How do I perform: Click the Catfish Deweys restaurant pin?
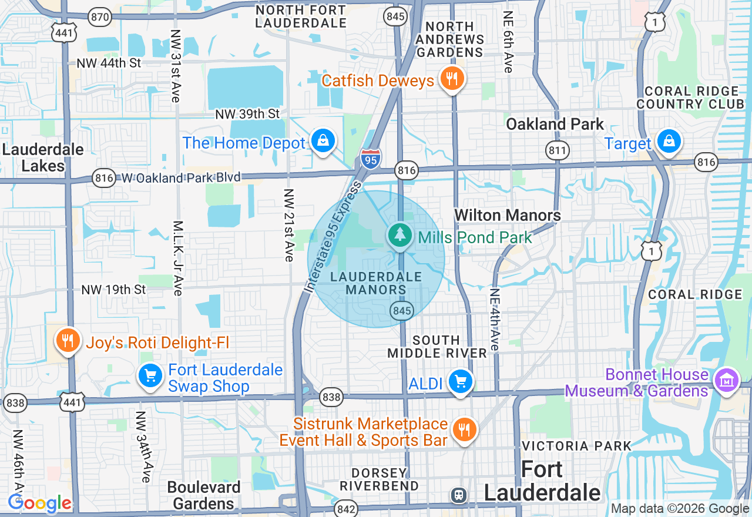click(452, 79)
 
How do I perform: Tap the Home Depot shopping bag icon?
click(323, 141)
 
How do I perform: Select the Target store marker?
click(669, 142)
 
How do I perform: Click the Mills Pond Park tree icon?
click(400, 235)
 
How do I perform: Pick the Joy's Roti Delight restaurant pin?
click(68, 340)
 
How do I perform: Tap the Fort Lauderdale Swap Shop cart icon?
click(150, 375)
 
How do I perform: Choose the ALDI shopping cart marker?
click(461, 382)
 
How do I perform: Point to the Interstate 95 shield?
click(370, 159)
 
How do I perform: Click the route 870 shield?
click(100, 17)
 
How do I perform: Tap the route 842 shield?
click(345, 508)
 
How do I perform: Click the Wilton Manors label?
click(508, 216)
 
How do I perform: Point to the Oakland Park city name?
click(555, 124)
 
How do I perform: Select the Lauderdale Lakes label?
click(43, 157)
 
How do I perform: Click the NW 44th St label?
click(109, 63)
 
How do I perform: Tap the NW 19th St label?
click(113, 290)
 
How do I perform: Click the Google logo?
click(39, 503)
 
